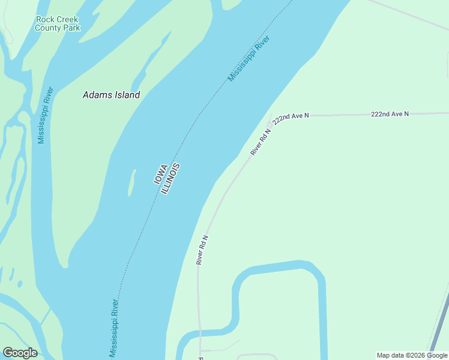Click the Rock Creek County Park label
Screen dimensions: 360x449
point(57,23)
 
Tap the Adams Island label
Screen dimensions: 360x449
point(111,95)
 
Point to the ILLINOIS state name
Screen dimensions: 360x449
point(170,178)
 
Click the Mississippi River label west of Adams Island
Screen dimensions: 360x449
point(46,115)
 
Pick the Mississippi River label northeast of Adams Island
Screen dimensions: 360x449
point(249,59)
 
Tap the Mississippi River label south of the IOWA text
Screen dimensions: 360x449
point(113,328)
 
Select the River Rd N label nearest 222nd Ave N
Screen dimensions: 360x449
point(261,142)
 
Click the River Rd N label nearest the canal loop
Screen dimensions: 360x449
point(202,250)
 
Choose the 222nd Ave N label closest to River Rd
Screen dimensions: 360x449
point(291,117)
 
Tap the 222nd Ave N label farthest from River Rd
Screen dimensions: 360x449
point(390,113)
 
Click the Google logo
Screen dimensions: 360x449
point(20,353)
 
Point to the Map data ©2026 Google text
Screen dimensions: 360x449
point(412,355)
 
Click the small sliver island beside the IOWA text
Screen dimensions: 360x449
point(131,183)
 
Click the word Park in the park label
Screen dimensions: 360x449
point(70,28)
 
